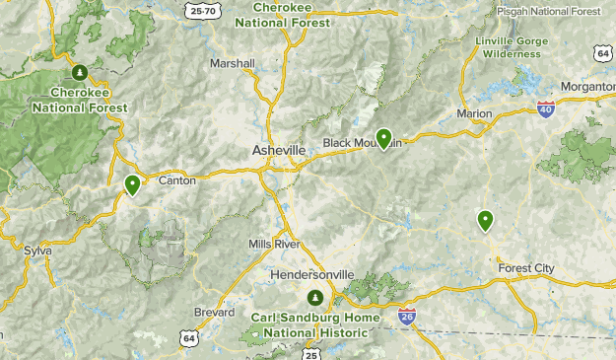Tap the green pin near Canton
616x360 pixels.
132,184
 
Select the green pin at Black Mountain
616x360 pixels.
383,138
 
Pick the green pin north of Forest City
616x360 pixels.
485,220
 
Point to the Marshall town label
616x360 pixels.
233,63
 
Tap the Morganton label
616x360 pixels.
587,87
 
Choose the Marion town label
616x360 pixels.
474,114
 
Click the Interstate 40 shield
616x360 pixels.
546,108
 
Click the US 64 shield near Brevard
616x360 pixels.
188,338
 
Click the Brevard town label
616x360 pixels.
214,313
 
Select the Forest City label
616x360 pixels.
526,268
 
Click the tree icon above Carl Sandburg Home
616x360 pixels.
315,298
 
